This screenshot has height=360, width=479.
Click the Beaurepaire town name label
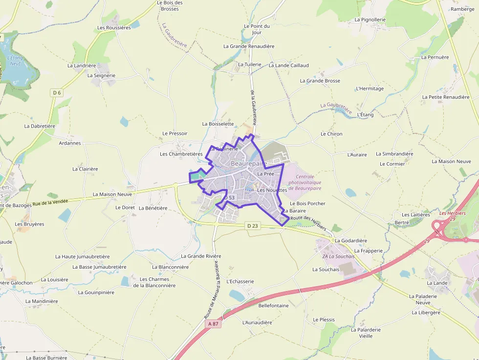248,163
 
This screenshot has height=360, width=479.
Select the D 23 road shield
252,225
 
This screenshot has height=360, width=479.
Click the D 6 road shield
57,93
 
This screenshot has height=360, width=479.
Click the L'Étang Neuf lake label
15,61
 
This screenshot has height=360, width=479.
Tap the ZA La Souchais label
338,256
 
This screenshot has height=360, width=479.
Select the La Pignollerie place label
370,20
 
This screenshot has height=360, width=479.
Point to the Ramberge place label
462,9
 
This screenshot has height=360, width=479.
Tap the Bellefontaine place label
273,305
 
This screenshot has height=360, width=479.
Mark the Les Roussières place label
114,27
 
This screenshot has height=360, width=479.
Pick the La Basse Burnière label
46,358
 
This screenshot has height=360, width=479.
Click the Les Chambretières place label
181,154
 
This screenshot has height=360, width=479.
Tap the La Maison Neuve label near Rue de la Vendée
112,194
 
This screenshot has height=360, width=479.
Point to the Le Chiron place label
331,133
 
